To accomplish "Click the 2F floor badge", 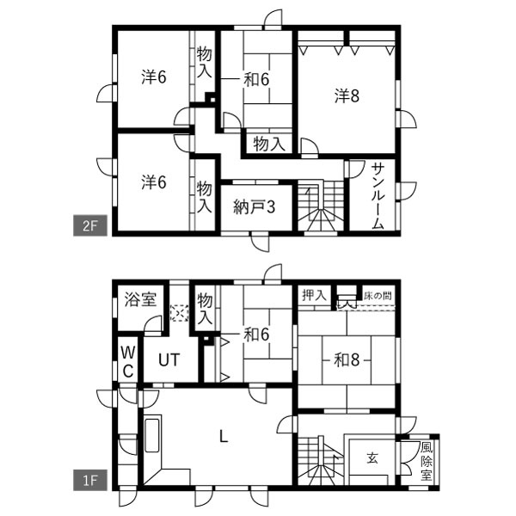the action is point(90,225).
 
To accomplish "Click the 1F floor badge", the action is point(90,480).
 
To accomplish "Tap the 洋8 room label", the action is point(347,96).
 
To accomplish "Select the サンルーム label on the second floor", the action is point(378,197).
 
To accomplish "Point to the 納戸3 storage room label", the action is point(254,207).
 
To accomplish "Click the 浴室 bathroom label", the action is point(140,299).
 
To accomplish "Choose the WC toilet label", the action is point(127,362).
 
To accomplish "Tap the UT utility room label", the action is point(169,360).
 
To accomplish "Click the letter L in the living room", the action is point(224,437).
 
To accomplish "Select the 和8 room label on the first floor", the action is point(347,359).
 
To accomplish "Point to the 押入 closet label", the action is point(314,295).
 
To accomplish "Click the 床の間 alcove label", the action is point(378,296).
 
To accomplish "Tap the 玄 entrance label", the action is point(372,458).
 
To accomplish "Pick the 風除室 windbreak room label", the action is point(426,462).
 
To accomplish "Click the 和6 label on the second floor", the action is point(256,79).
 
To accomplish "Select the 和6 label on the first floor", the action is point(256,335).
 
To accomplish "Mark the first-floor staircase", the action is point(321,460).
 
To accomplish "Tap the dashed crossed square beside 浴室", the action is point(180,313).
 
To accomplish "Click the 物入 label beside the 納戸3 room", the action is point(204,197).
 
